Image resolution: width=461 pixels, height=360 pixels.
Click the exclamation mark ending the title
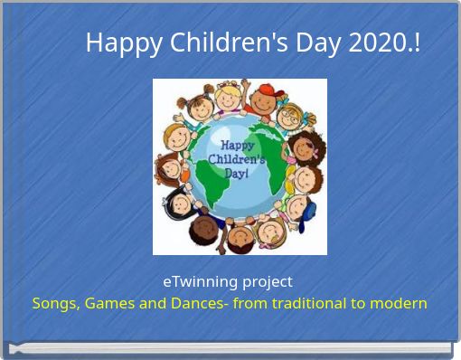point(416,43)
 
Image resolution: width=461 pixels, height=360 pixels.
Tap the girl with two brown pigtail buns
point(199,106)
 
